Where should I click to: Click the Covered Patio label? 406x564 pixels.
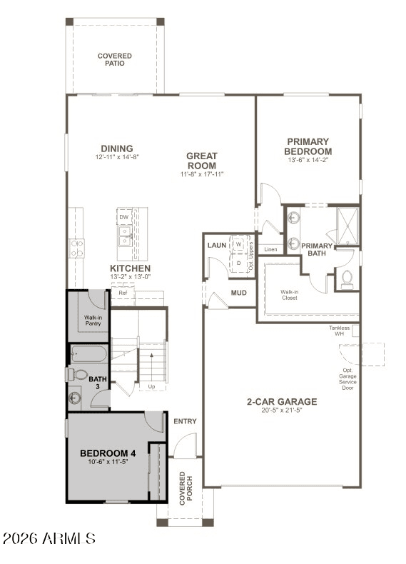tap(115, 59)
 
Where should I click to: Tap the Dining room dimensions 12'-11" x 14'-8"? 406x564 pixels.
tap(116, 157)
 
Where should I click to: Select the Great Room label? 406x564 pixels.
tap(202, 161)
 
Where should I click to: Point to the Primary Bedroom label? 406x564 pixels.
tap(308, 146)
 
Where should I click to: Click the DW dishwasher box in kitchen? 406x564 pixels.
tap(124, 216)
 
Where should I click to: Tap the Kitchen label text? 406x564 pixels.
tap(130, 268)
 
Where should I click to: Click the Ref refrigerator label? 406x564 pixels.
tap(123, 293)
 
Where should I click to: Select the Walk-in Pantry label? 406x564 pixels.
tap(93, 321)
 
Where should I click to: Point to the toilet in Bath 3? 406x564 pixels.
tap(79, 374)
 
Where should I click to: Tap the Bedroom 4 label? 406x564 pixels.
tap(108, 453)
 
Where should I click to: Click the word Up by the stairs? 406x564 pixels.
tap(151, 387)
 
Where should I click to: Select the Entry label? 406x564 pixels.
tap(185, 421)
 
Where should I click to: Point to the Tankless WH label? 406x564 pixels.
tap(339, 331)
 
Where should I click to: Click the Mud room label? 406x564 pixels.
tap(238, 293)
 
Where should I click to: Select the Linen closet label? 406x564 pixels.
tap(270, 249)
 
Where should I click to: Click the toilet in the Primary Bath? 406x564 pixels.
tap(347, 278)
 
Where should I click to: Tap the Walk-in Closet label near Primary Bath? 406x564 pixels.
tap(289, 295)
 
